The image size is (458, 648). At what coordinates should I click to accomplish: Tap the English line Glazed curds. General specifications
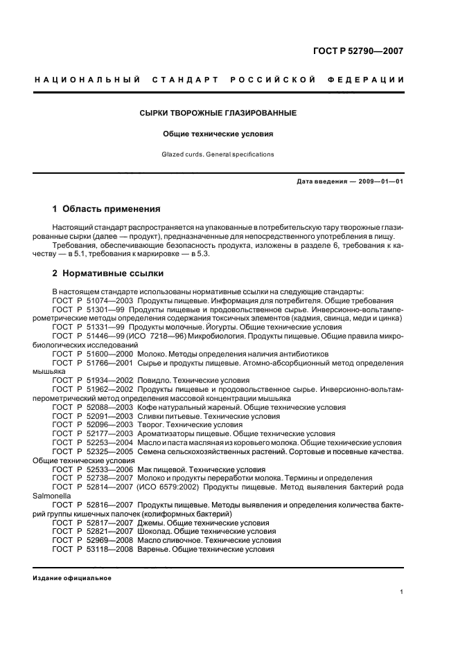tap(219, 154)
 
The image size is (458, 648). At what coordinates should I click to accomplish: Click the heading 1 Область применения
tap(107, 208)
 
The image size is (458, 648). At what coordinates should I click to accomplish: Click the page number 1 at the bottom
tap(402, 592)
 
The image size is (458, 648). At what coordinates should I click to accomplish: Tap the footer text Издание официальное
tap(72, 578)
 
